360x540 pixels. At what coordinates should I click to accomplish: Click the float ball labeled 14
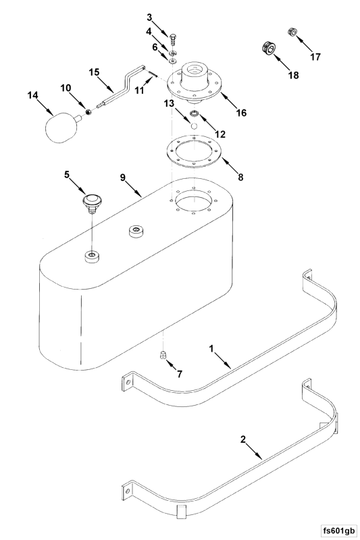pyautogui.click(x=61, y=128)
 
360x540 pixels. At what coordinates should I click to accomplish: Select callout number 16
pyautogui.click(x=241, y=113)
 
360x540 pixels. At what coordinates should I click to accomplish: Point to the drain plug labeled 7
pyautogui.click(x=163, y=354)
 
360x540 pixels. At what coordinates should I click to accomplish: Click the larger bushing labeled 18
pyautogui.click(x=268, y=48)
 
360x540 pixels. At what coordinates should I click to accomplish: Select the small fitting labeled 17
pyautogui.click(x=292, y=32)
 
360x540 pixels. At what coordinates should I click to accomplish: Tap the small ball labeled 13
pyautogui.click(x=195, y=126)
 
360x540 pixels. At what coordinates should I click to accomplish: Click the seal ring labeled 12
pyautogui.click(x=195, y=113)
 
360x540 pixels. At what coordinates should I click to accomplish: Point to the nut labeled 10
pyautogui.click(x=88, y=111)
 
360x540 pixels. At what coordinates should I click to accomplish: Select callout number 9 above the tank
pyautogui.click(x=123, y=178)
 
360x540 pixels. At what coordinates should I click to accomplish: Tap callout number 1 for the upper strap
pyautogui.click(x=211, y=348)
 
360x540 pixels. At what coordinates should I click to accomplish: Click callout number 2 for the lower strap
pyautogui.click(x=243, y=439)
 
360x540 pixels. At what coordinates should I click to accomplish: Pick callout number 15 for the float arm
pyautogui.click(x=94, y=72)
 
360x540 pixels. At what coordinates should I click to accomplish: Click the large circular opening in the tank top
pyautogui.click(x=195, y=200)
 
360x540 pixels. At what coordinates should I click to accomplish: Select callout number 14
pyautogui.click(x=32, y=95)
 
